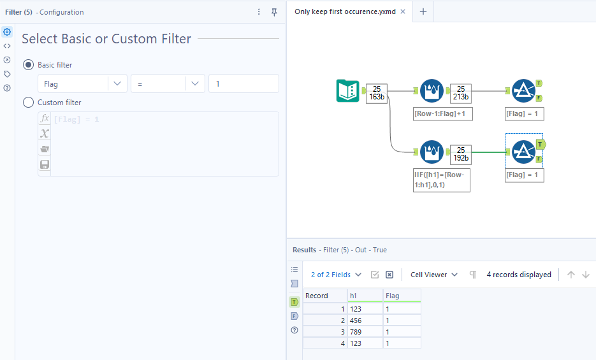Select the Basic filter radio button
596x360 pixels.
click(28, 65)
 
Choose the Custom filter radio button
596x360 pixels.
click(28, 103)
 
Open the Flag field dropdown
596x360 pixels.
click(82, 83)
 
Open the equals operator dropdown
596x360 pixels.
click(168, 83)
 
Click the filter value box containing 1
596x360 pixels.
click(243, 83)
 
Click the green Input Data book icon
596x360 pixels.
click(348, 90)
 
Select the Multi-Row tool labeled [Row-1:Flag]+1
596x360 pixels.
click(432, 90)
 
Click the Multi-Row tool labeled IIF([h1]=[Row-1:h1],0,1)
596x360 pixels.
click(432, 152)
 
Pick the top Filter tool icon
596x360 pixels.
click(523, 90)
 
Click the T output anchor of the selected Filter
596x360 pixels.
click(541, 144)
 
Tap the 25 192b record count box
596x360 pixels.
click(461, 154)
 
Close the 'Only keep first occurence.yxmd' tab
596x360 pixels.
click(403, 11)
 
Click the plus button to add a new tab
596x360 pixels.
click(423, 11)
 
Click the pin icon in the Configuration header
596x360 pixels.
click(274, 12)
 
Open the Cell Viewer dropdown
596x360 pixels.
click(434, 275)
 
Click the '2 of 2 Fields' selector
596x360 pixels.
click(336, 275)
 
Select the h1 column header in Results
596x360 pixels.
click(365, 296)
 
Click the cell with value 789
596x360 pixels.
click(365, 332)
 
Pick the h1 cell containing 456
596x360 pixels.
click(365, 320)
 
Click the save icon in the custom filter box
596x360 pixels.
click(45, 164)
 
